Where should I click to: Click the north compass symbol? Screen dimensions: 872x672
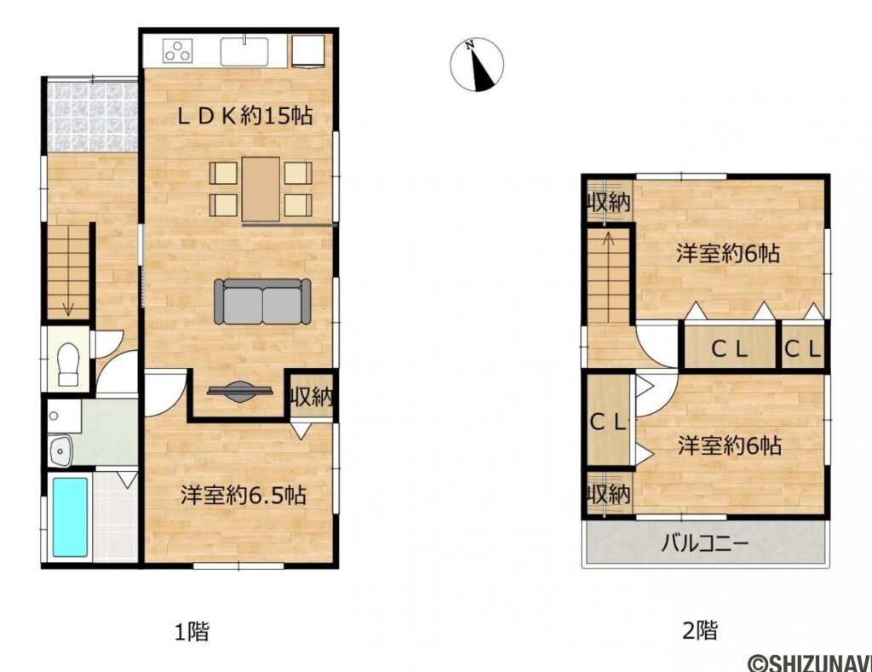(477, 64)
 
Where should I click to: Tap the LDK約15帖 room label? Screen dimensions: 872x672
(244, 116)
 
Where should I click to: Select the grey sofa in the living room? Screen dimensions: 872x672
(262, 301)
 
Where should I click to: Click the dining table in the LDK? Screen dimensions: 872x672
(261, 189)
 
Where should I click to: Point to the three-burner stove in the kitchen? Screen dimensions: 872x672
(178, 51)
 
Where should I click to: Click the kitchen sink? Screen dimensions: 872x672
(244, 51)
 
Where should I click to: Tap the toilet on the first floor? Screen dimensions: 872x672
(68, 364)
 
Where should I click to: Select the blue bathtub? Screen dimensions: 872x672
(70, 517)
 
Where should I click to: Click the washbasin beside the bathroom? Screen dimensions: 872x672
(60, 451)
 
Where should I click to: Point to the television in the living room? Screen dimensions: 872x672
(240, 391)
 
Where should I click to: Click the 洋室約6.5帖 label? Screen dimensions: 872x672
(243, 495)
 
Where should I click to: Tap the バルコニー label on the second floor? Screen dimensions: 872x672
(704, 543)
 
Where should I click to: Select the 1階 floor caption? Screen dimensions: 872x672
(192, 631)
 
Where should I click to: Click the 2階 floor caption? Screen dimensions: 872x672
(700, 630)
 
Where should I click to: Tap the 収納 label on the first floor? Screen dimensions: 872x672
(311, 396)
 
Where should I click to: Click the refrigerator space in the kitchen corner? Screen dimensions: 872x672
(308, 52)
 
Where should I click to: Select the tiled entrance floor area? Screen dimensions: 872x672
(92, 117)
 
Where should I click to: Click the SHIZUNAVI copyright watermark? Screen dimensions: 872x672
(810, 663)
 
